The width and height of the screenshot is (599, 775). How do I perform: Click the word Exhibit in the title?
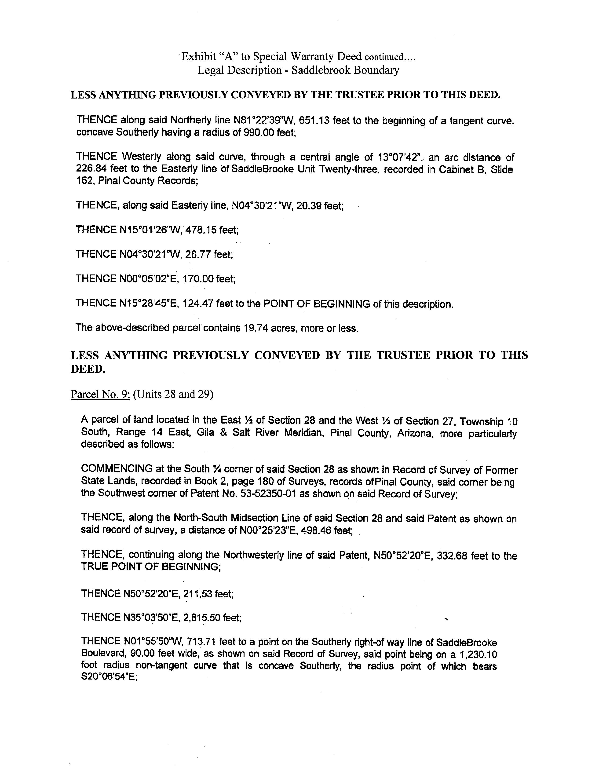(199, 56)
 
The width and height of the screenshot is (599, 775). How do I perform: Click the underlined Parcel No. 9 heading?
(100, 394)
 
